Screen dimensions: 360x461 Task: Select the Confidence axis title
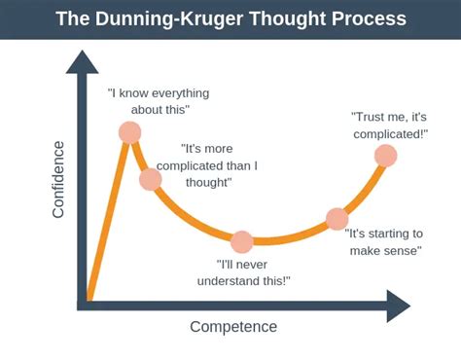click(58, 180)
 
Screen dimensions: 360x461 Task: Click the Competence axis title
click(233, 327)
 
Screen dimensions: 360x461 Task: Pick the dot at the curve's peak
click(129, 132)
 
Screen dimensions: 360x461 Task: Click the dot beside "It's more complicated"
click(151, 179)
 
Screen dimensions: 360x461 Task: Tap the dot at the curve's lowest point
click(242, 241)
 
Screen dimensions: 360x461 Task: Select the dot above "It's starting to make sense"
click(337, 219)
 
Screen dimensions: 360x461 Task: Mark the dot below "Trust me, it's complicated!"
click(385, 156)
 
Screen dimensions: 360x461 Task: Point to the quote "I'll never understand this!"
click(254, 271)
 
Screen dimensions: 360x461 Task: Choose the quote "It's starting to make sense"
click(384, 242)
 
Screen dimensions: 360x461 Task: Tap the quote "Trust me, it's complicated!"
click(388, 125)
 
